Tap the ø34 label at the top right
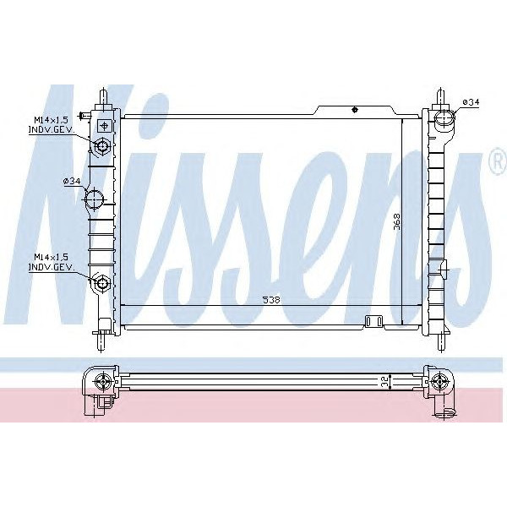(471, 102)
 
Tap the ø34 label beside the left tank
(72, 181)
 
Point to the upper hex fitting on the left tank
(103, 147)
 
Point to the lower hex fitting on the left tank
(103, 281)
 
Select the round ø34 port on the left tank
(95, 200)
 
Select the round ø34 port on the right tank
(444, 117)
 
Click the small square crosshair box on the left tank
(103, 125)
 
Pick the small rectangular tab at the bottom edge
(373, 319)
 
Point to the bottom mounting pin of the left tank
(100, 341)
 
